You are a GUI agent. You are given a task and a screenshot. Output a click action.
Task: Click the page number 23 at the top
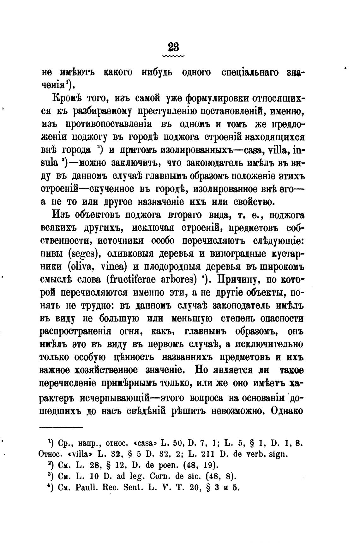coord(173,47)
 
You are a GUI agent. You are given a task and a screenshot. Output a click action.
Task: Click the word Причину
coord(242,280)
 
